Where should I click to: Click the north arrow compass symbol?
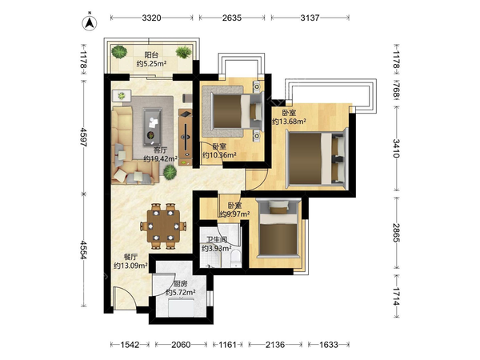tap(90, 22)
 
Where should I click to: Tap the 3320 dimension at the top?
tap(151, 18)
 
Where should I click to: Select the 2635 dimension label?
tap(232, 18)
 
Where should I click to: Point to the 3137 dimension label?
tap(310, 18)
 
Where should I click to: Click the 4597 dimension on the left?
tap(83, 137)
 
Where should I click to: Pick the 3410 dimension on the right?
tap(397, 148)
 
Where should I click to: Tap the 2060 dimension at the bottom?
tap(181, 345)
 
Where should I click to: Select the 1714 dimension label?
tap(397, 297)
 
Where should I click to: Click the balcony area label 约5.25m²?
tap(151, 64)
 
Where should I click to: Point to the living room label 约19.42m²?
tap(161, 158)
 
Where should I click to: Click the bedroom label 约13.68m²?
tap(289, 122)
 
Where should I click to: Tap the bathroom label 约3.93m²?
tap(216, 248)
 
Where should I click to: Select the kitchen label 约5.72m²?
tap(181, 293)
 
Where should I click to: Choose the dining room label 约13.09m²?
tap(130, 266)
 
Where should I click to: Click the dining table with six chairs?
tap(163, 226)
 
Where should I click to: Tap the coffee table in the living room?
tap(153, 126)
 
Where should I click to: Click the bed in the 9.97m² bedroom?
tap(278, 229)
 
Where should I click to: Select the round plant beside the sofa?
tap(170, 172)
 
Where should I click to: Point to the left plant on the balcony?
tap(119, 52)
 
